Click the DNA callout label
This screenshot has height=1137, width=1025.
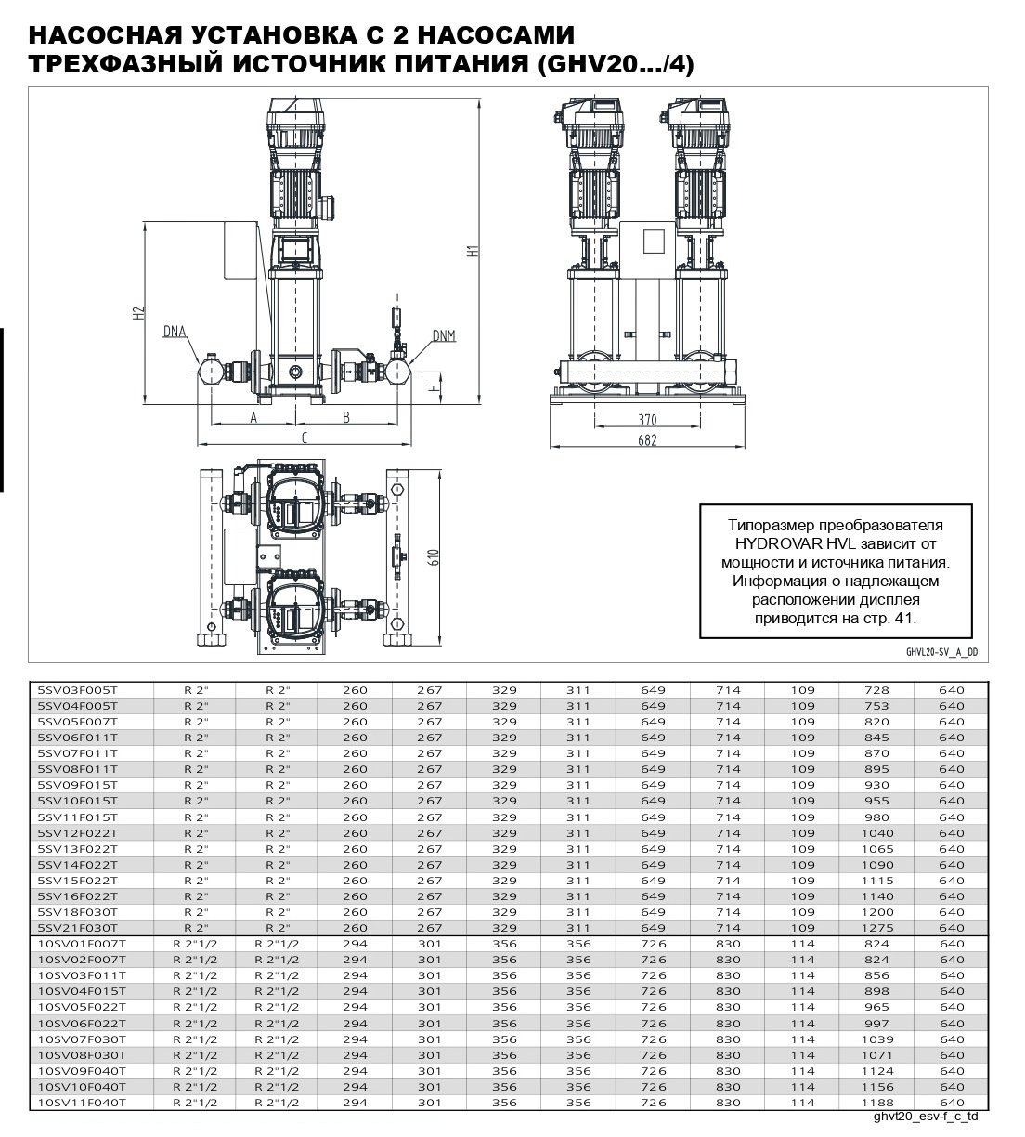click(174, 330)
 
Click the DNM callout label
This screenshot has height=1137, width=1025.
click(443, 335)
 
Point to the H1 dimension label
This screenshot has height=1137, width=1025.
click(472, 251)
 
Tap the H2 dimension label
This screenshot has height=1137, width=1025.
click(138, 313)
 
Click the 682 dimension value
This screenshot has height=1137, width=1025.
click(647, 440)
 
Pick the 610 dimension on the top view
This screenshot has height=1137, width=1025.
click(434, 559)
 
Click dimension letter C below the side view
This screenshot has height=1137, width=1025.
click(304, 437)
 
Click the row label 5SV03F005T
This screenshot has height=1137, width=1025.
click(78, 690)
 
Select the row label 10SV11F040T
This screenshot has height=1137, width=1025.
click(82, 1102)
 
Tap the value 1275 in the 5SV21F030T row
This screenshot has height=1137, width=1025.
click(876, 928)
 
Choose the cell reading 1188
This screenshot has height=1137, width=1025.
click(876, 1102)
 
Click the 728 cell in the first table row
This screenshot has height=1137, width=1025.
click(876, 690)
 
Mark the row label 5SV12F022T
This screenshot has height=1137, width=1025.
click(78, 833)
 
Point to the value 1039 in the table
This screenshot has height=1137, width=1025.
click(876, 1039)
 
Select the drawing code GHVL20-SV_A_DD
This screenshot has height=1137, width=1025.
click(941, 652)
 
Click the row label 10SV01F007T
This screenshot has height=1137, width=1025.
click(82, 944)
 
